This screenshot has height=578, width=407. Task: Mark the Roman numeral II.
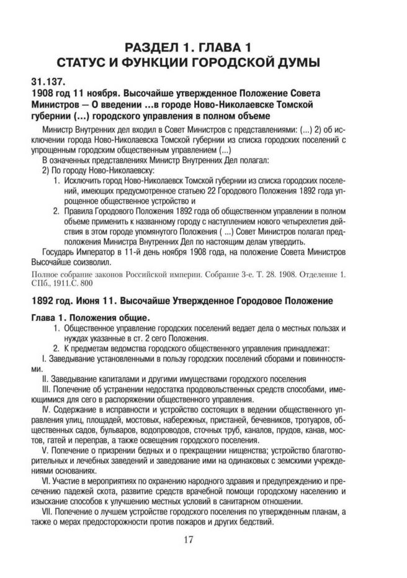45,377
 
